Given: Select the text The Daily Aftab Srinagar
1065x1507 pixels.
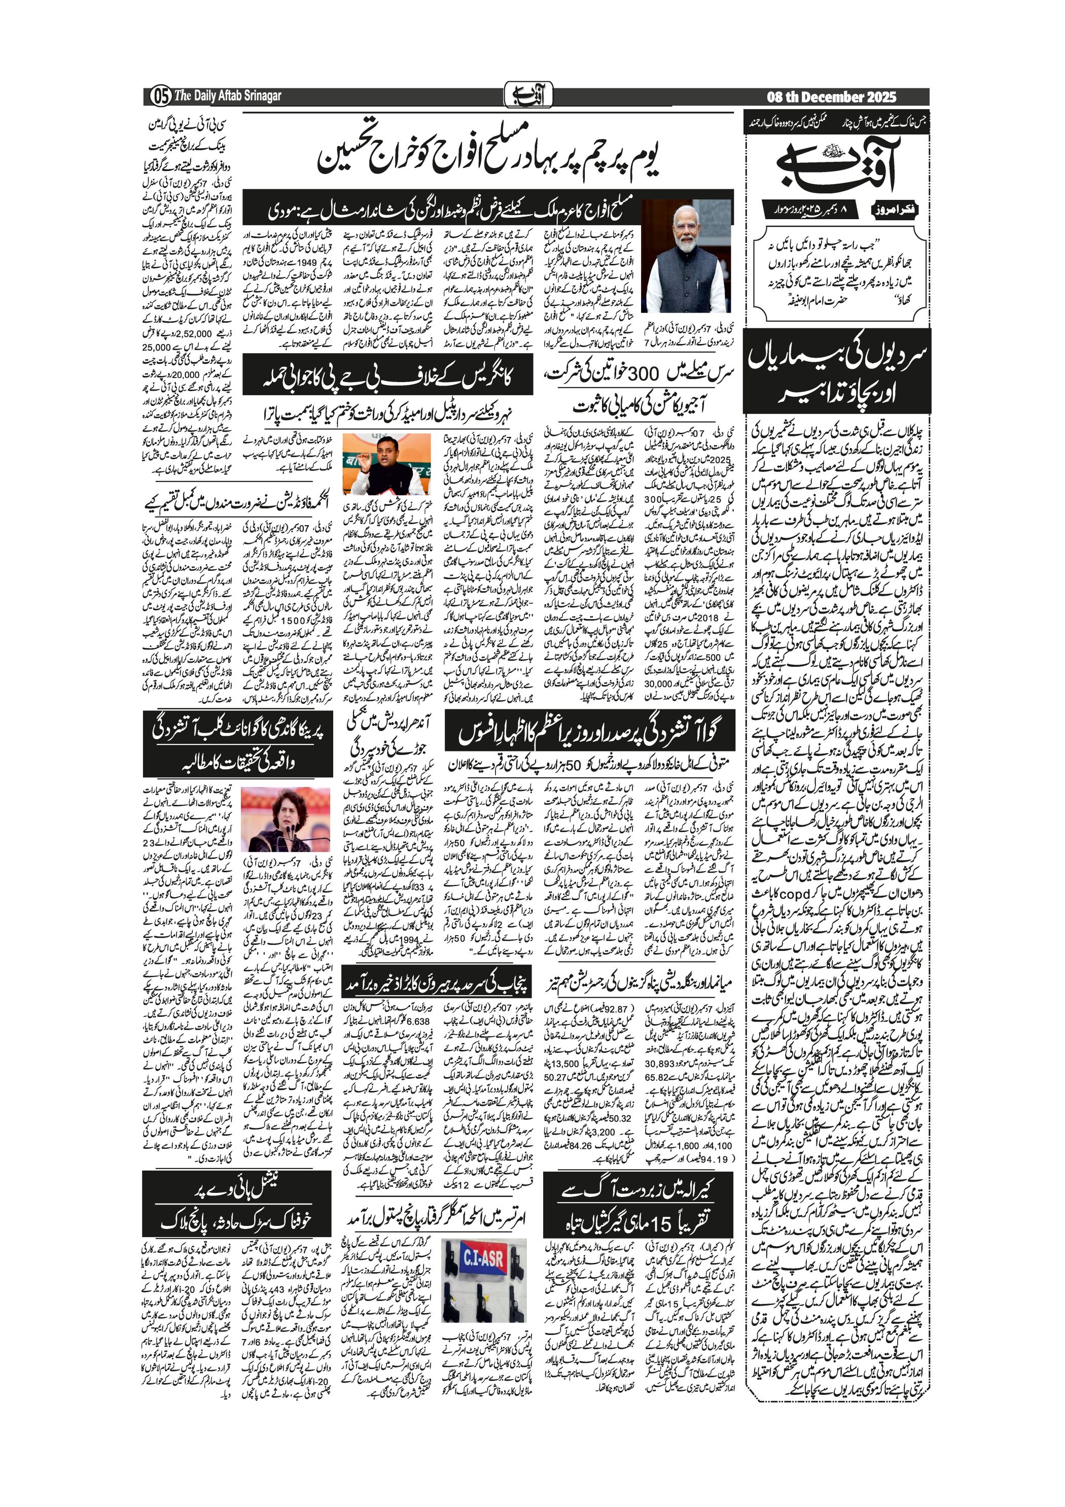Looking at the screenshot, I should [228, 96].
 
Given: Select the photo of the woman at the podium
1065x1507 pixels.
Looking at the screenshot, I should [285, 819].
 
